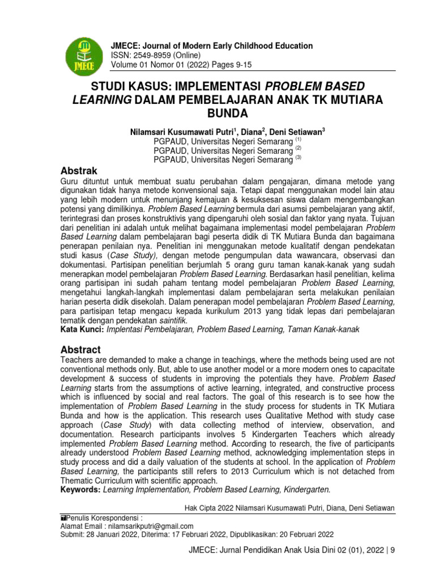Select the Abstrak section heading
(79, 171)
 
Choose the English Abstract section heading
(80, 350)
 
